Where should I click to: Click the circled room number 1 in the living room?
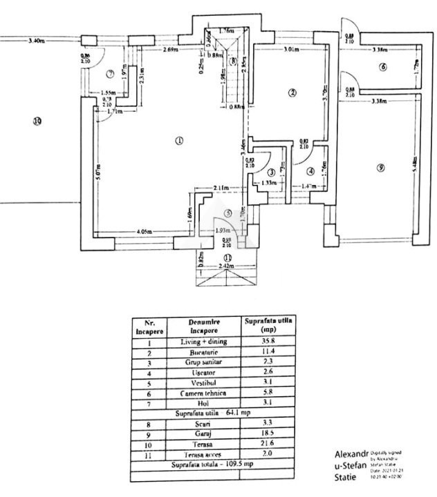[x=178, y=141]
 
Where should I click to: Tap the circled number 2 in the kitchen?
[x=292, y=92]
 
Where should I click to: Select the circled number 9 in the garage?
[x=380, y=168]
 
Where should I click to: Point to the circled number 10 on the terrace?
[x=37, y=121]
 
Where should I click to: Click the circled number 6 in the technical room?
[x=382, y=67]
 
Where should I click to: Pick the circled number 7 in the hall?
[x=110, y=73]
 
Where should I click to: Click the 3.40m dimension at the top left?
[x=37, y=41]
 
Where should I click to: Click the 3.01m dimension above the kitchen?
[x=291, y=50]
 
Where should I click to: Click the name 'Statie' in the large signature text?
[x=350, y=478]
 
